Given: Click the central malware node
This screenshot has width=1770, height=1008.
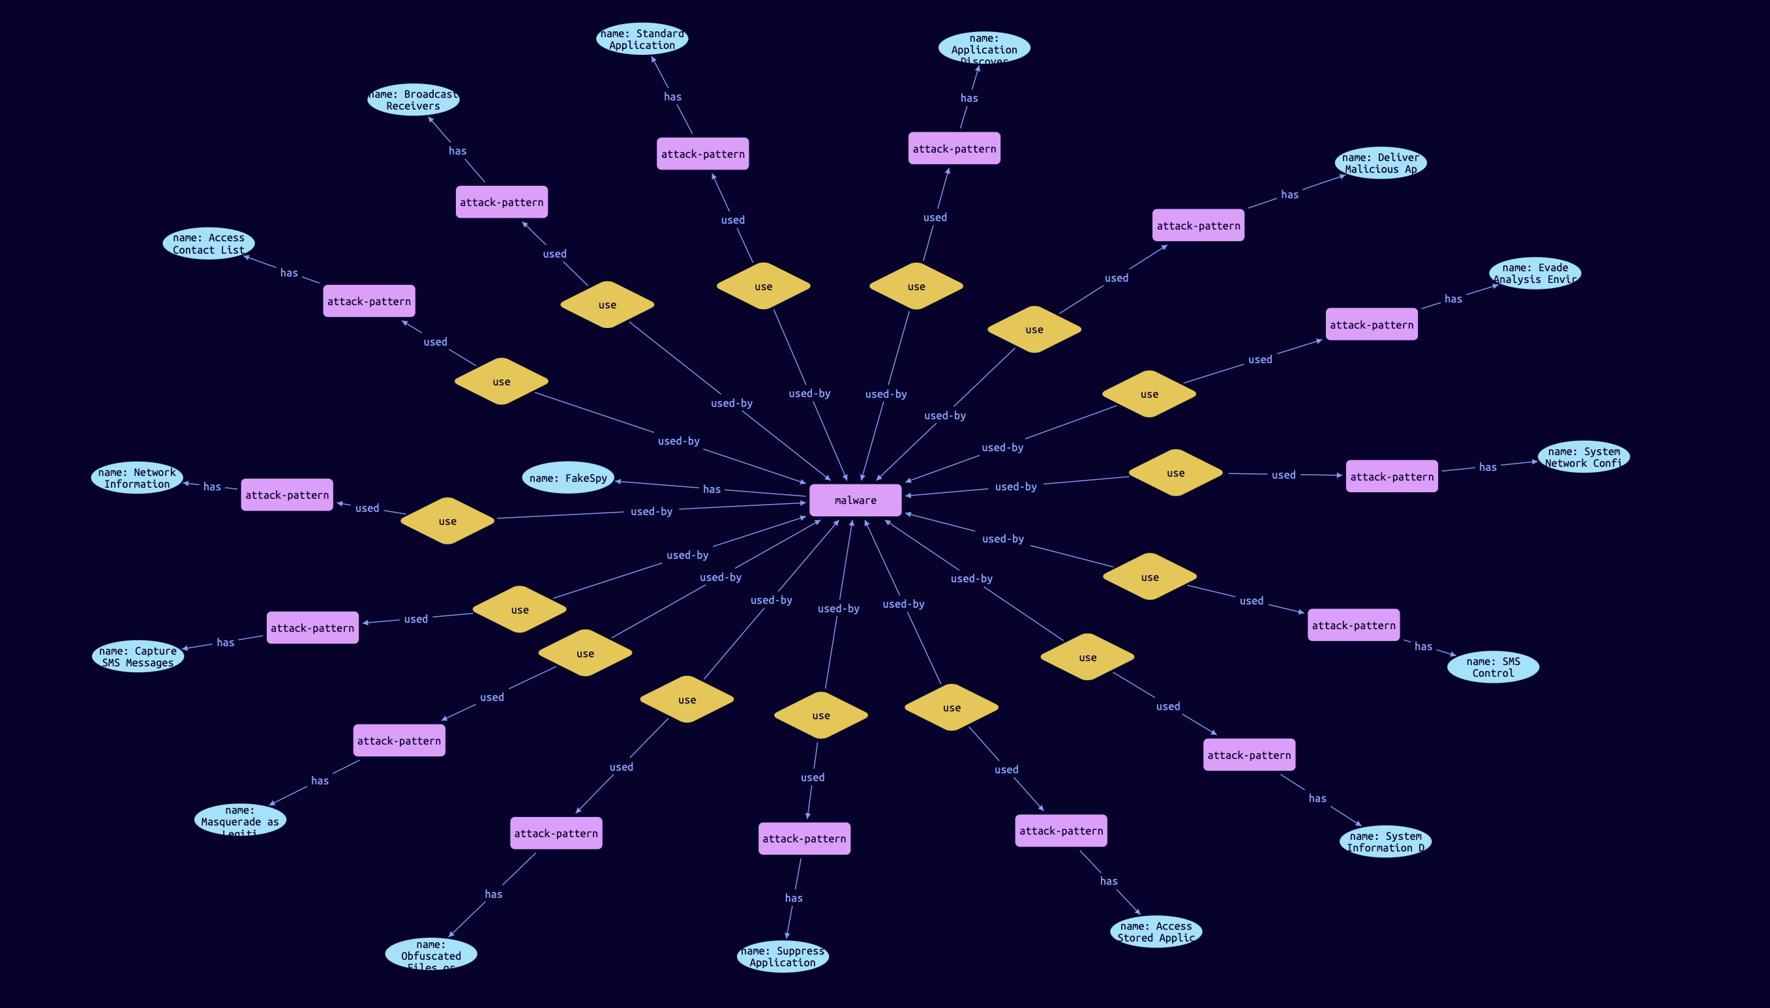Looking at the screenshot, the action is coord(855,500).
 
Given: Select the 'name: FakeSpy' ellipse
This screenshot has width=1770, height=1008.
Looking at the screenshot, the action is coord(568,478).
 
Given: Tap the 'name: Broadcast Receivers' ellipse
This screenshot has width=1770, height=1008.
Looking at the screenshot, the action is coord(413,100).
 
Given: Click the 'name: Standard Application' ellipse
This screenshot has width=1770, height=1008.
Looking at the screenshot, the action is coord(642,38).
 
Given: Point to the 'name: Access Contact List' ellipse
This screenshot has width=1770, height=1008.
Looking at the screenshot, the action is coord(209,244).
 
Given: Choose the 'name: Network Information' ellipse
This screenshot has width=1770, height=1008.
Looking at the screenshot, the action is coord(137,478).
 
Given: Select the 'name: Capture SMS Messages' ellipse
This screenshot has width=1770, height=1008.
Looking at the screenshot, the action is coord(138,657).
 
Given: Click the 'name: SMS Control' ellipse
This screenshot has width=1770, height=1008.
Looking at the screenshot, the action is coord(1493,667).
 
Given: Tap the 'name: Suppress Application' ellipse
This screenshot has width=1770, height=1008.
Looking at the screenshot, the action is coord(783,956).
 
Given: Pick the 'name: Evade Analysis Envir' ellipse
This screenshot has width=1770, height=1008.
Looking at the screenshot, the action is coord(1535,273).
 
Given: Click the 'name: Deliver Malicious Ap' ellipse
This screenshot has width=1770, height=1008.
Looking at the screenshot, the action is coord(1380,164).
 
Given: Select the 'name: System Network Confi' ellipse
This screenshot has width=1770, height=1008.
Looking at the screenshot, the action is coord(1583,457).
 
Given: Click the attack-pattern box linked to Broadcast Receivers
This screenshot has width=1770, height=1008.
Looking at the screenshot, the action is coord(502,202).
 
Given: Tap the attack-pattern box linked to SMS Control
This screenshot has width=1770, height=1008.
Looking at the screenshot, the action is coord(1353,625).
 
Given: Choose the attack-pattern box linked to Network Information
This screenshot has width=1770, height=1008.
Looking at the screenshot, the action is coord(287,495).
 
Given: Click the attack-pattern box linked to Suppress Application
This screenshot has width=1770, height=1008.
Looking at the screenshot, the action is coord(804,838).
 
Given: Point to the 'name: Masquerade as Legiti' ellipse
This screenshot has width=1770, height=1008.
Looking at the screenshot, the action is coord(239,820).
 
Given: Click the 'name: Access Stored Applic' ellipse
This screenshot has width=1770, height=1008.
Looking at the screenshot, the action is coord(1156,932).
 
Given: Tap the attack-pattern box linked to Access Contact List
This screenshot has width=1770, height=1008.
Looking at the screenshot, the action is coord(369,301).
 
